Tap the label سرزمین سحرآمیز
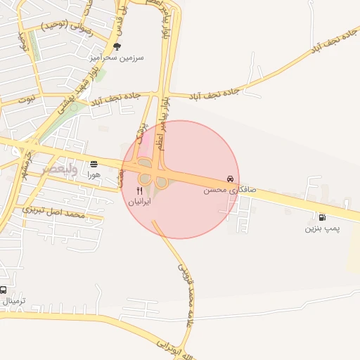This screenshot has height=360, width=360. pyautogui.click(x=117, y=58)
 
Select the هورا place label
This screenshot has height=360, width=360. pyautogui.click(x=94, y=174)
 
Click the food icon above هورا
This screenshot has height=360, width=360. pyautogui.click(x=94, y=164)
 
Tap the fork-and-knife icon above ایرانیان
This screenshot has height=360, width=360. pyautogui.click(x=139, y=190)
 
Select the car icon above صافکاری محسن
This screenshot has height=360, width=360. pyautogui.click(x=230, y=179)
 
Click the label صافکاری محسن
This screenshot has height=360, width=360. pyautogui.click(x=230, y=190)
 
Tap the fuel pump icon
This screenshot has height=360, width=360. pyautogui.click(x=322, y=217)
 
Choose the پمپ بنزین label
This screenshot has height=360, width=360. pyautogui.click(x=322, y=228)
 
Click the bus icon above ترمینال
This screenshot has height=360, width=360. pyautogui.click(x=4, y=290)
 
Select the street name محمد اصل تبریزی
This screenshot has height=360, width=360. pyautogui.click(x=53, y=211)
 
